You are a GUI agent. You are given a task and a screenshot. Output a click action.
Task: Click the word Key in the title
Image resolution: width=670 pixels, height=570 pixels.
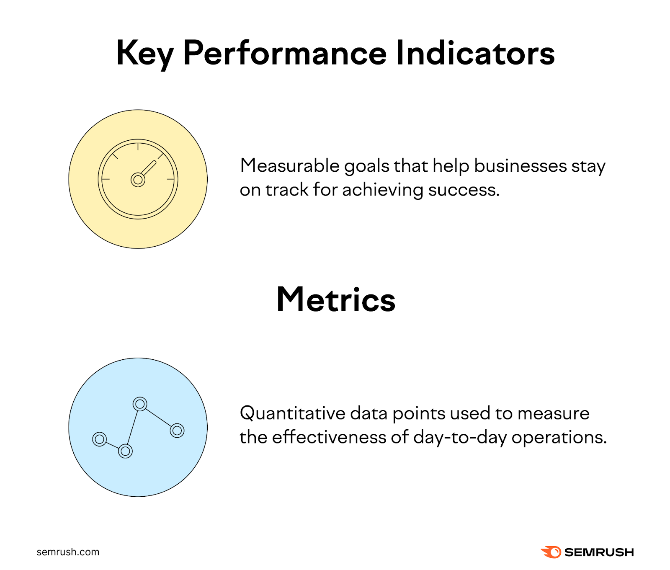[x=144, y=54]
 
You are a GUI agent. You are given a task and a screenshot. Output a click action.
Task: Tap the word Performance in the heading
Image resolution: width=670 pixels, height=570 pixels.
[x=285, y=54]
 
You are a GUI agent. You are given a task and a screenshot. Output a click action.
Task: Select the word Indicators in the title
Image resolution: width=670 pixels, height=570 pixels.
[x=475, y=54]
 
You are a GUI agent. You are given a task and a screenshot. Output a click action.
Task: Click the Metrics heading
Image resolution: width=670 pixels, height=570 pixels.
[x=336, y=300]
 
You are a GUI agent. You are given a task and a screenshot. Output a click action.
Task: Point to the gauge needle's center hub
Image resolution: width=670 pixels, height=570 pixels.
[x=138, y=180]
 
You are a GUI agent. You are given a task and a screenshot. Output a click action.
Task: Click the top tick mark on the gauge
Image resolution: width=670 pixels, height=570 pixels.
[x=138, y=147]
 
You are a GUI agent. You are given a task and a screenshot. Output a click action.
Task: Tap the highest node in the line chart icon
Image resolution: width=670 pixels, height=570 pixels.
[x=140, y=404]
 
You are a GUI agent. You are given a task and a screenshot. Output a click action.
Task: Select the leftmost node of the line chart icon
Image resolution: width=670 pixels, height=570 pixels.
[x=100, y=439]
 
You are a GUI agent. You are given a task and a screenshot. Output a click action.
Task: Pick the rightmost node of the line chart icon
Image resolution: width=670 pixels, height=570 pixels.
[x=177, y=430]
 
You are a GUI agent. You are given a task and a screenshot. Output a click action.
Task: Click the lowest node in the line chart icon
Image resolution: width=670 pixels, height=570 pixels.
[x=125, y=451]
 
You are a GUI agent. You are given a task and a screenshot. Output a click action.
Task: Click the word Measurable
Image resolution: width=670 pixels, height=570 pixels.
[x=289, y=166]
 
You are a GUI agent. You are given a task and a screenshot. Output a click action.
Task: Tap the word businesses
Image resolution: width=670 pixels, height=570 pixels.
[x=521, y=166]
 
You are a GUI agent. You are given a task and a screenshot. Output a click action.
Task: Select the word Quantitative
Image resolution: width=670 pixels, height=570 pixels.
[x=292, y=414]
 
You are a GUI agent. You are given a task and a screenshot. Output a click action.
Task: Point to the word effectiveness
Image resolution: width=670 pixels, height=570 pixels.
[x=329, y=437]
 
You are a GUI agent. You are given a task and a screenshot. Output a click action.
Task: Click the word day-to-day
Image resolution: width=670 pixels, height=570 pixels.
[x=460, y=438]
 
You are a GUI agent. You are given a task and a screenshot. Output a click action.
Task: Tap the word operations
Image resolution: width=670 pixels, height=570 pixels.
[x=559, y=438]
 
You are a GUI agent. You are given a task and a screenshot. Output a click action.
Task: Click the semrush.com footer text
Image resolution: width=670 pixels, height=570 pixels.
[x=68, y=552]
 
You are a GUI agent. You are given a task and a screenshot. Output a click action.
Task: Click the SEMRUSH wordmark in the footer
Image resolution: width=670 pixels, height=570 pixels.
[x=599, y=552]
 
